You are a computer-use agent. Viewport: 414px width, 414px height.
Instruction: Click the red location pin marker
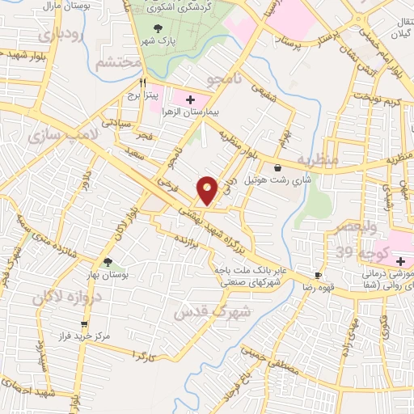208,189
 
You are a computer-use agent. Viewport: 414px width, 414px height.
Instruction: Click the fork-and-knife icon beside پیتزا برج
143,82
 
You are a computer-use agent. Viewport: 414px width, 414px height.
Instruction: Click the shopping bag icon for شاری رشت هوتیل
278,168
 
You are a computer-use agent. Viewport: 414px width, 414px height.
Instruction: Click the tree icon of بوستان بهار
108,261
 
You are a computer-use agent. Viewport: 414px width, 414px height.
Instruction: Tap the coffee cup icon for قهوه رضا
318,275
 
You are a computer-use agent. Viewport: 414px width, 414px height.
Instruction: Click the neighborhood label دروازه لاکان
69,298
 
